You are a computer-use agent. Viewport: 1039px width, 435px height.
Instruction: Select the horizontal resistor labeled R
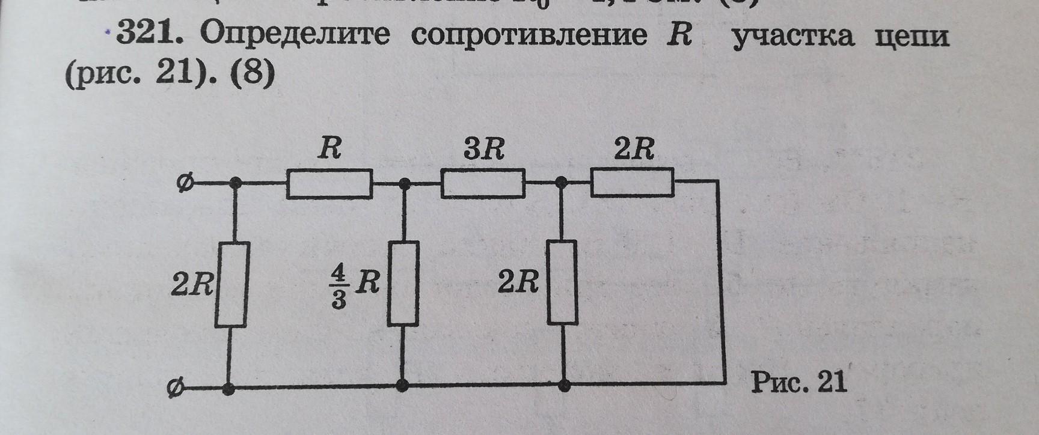click(329, 184)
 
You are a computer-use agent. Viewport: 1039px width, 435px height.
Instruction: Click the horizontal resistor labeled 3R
click(483, 184)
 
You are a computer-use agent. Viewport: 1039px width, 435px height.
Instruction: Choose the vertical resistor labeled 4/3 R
click(404, 284)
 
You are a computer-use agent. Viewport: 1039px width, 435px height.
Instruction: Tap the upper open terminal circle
click(185, 183)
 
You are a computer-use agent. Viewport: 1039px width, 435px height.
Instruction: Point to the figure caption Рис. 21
click(799, 382)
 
